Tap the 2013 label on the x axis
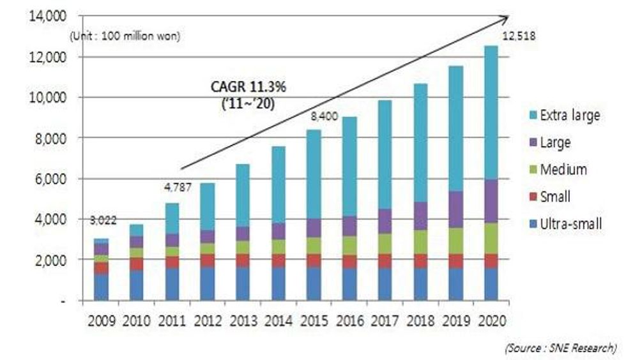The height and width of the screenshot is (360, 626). click(x=242, y=319)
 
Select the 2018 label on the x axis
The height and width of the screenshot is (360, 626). click(x=419, y=319)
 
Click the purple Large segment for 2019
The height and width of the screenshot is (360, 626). click(x=455, y=209)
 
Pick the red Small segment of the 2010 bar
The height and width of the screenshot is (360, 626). click(x=135, y=264)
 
